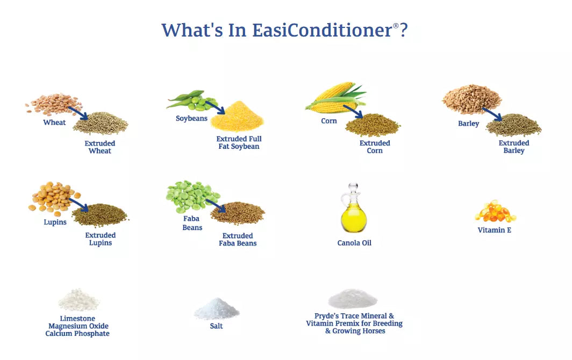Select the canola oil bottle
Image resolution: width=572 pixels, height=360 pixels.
(x=353, y=208)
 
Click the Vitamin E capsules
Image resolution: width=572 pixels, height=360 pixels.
(x=496, y=211)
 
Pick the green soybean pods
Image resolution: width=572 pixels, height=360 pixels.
(x=191, y=100)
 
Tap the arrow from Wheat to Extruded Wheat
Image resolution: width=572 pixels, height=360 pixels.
(x=78, y=113)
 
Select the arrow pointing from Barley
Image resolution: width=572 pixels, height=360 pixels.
(x=492, y=114)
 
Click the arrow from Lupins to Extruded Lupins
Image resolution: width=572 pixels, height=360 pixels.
(x=78, y=205)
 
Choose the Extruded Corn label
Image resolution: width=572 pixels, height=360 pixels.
(x=375, y=147)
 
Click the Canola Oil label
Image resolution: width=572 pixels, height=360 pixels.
(x=354, y=243)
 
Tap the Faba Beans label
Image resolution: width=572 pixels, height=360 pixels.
(x=192, y=223)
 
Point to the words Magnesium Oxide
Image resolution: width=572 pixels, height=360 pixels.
(x=78, y=326)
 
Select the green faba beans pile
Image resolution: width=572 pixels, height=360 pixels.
(x=192, y=196)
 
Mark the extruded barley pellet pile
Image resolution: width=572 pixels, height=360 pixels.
(x=513, y=125)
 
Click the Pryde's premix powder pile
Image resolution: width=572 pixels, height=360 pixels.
(x=353, y=299)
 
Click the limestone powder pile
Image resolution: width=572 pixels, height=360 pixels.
(x=78, y=300)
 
